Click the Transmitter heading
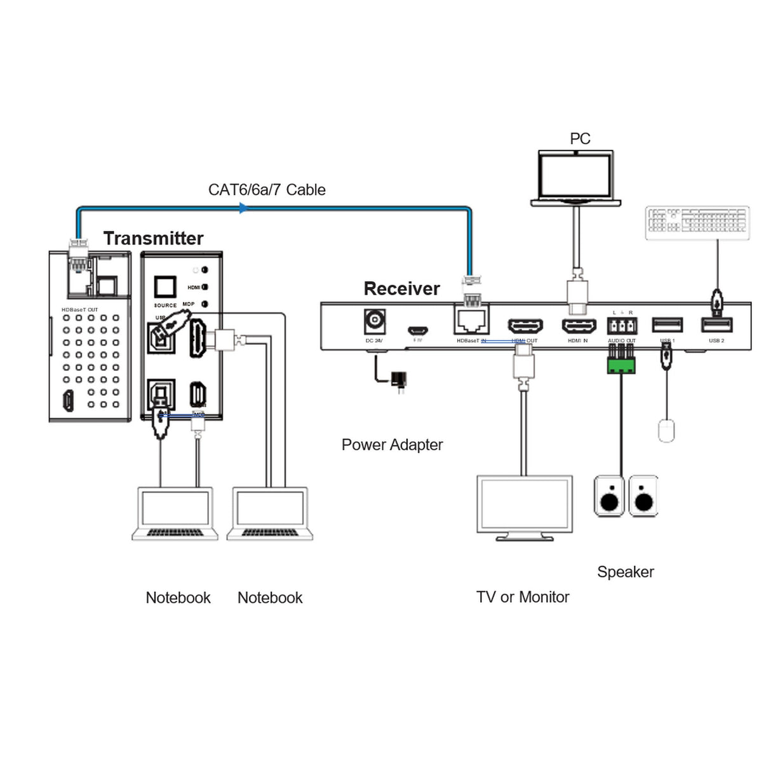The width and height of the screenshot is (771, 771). (153, 238)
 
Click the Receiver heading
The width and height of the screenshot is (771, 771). (401, 288)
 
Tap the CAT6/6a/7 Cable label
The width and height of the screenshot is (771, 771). (267, 190)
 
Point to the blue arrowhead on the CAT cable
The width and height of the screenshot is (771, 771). (244, 208)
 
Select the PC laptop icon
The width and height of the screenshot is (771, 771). (575, 178)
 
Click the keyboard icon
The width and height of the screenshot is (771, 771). (697, 223)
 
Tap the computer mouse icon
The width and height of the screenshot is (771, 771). (666, 431)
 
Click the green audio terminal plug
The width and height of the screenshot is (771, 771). (620, 365)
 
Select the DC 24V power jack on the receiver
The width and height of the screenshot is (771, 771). (374, 321)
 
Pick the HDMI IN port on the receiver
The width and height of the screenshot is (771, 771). (578, 326)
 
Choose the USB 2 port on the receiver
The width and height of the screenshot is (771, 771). (716, 325)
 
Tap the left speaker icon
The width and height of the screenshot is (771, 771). (608, 496)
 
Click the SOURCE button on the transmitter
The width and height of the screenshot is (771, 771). (165, 288)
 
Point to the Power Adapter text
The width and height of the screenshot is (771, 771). (392, 445)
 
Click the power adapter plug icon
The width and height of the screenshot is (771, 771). (399, 379)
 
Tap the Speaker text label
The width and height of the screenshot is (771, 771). (625, 572)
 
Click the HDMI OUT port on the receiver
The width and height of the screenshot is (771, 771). (525, 326)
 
